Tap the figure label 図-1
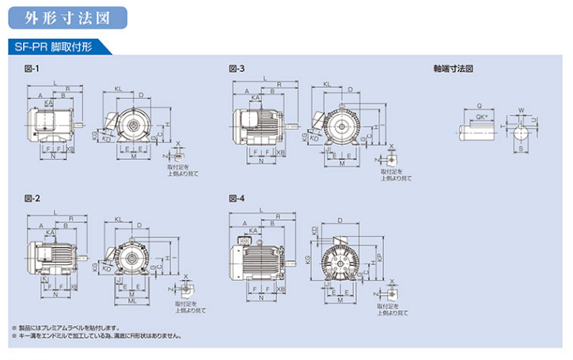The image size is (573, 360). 32,70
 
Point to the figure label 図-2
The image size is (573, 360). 32,199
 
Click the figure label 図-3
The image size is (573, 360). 236,70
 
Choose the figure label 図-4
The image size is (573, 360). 236,199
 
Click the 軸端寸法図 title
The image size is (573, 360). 453,70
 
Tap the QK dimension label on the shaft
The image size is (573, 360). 481,119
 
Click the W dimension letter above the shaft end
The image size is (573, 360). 520,111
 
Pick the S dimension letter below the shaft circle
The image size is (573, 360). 520,150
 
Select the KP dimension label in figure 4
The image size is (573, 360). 379,258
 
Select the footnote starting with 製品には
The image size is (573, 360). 68,327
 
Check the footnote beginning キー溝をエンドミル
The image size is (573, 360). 99,335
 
